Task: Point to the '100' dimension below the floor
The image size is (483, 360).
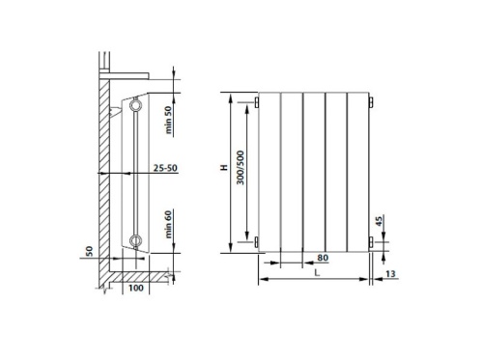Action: (134, 288)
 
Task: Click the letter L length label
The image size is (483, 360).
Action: (318, 274)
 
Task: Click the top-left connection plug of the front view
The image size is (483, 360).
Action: (259, 100)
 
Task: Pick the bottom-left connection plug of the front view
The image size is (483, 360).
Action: (259, 241)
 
